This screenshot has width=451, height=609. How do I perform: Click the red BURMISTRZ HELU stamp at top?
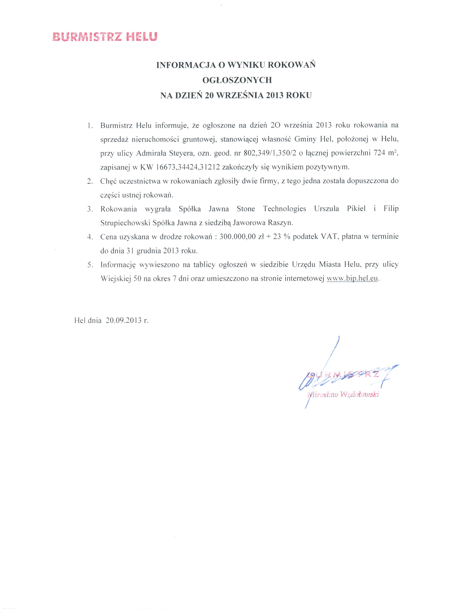(x=105, y=37)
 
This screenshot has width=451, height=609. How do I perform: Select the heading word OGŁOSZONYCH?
(x=237, y=80)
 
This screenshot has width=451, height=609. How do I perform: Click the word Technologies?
(x=285, y=209)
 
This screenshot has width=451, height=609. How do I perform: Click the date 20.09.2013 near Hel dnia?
(x=124, y=320)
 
